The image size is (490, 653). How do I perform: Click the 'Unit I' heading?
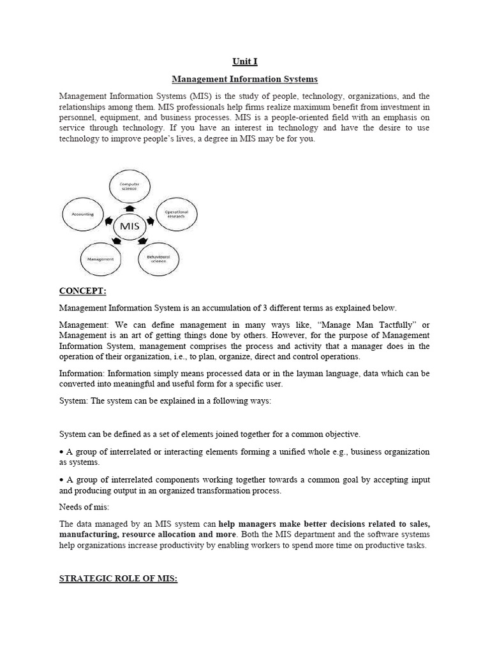[x=245, y=62]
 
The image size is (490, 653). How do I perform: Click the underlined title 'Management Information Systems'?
[x=245, y=79]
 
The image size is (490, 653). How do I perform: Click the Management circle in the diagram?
[x=100, y=260]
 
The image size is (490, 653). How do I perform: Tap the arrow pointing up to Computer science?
[x=130, y=209]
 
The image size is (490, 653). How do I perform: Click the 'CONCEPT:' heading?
[x=82, y=291]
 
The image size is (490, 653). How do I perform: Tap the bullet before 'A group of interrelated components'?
[x=62, y=480]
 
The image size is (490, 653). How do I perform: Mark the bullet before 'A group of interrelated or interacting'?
[x=62, y=451]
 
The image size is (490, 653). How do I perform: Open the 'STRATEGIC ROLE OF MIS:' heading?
[x=118, y=578]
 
